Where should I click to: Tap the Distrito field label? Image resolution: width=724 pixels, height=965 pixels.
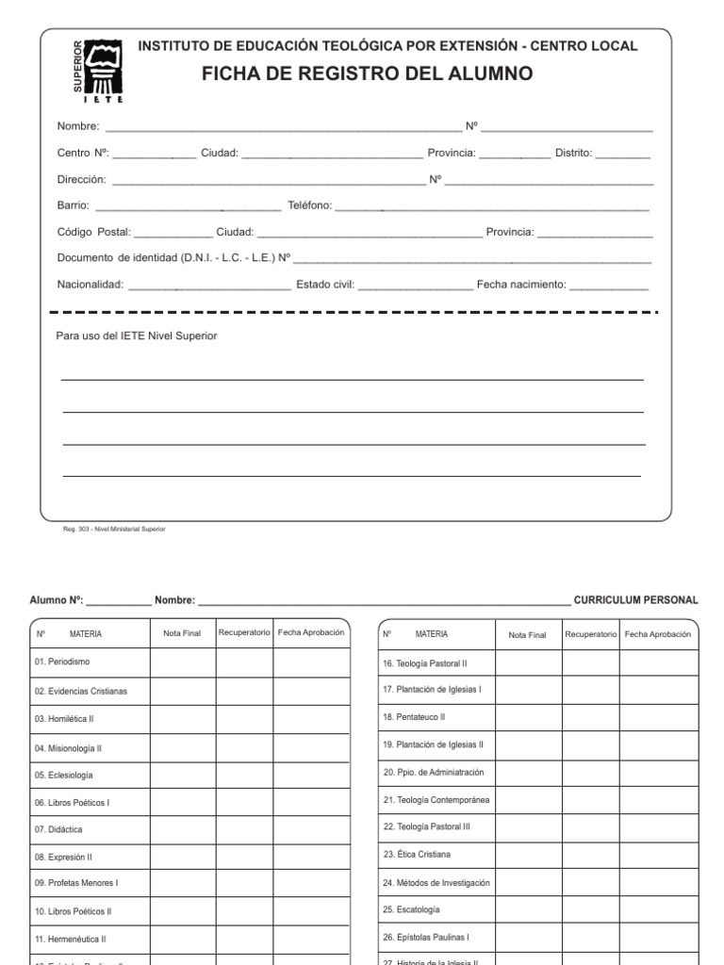pyautogui.click(x=573, y=154)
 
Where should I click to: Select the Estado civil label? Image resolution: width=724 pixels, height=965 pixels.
pyautogui.click(x=325, y=285)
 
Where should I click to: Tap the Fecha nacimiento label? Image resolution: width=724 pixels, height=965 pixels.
pyautogui.click(x=520, y=285)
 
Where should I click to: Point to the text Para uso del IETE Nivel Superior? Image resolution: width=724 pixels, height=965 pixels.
pyautogui.click(x=137, y=335)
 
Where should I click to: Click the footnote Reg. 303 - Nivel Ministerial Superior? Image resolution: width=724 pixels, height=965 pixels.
pyautogui.click(x=114, y=530)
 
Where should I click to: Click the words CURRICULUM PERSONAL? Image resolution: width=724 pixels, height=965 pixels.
pyautogui.click(x=635, y=599)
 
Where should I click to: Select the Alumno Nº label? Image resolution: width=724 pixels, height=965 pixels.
pyautogui.click(x=57, y=599)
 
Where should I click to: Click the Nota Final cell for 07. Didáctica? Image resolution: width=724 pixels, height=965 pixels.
pyautogui.click(x=182, y=830)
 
